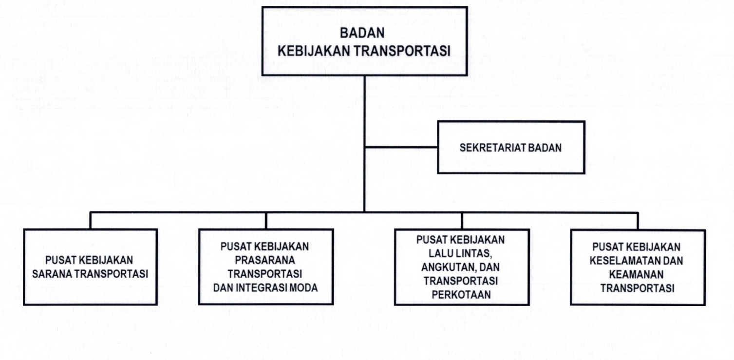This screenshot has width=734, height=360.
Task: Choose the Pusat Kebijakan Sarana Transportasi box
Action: pyautogui.click(x=91, y=267)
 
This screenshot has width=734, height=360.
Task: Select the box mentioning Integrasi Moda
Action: pyautogui.click(x=266, y=267)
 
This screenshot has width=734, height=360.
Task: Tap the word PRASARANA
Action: pyautogui.click(x=266, y=261)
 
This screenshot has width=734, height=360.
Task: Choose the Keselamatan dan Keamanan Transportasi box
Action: pyautogui.click(x=637, y=267)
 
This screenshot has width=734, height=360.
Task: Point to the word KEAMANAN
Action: pyautogui.click(x=637, y=274)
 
